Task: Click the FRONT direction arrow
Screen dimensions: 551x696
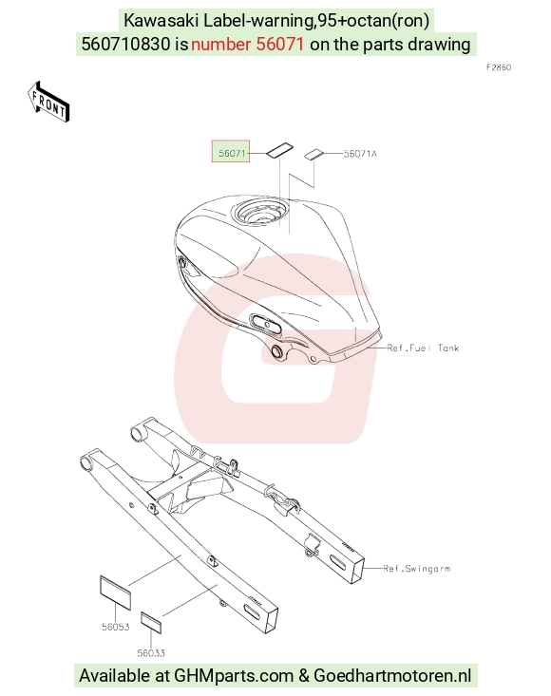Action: click(x=47, y=102)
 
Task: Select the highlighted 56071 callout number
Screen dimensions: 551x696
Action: click(x=231, y=152)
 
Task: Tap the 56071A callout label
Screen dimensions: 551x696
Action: click(x=360, y=154)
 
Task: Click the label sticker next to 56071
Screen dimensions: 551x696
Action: click(x=279, y=149)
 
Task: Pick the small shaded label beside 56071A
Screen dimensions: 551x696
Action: click(x=314, y=154)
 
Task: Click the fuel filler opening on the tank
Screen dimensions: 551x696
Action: click(x=260, y=212)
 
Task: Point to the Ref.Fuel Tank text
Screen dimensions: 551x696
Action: click(x=423, y=348)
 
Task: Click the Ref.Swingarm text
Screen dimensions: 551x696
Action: click(x=417, y=568)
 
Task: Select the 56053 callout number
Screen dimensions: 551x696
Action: click(x=116, y=627)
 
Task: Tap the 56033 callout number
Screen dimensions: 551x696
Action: click(x=151, y=653)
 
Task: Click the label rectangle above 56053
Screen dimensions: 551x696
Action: click(x=116, y=593)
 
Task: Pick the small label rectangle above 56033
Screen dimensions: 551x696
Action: click(x=151, y=622)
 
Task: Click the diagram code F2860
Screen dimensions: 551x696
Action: click(x=499, y=67)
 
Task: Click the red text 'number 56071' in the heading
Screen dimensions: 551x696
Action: click(x=247, y=44)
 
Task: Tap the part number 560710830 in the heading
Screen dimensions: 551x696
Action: click(x=125, y=44)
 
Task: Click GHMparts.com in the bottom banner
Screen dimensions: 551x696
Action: click(x=234, y=675)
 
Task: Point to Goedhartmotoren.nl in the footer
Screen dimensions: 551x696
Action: click(x=392, y=675)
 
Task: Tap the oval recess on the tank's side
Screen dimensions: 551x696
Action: click(x=266, y=324)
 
